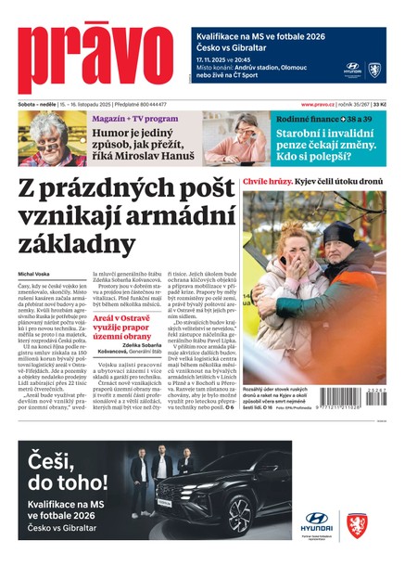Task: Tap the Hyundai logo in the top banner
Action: (x=353, y=69)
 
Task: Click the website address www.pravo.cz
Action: (x=321, y=105)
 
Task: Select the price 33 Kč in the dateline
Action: (x=392, y=105)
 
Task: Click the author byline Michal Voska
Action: (x=34, y=274)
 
